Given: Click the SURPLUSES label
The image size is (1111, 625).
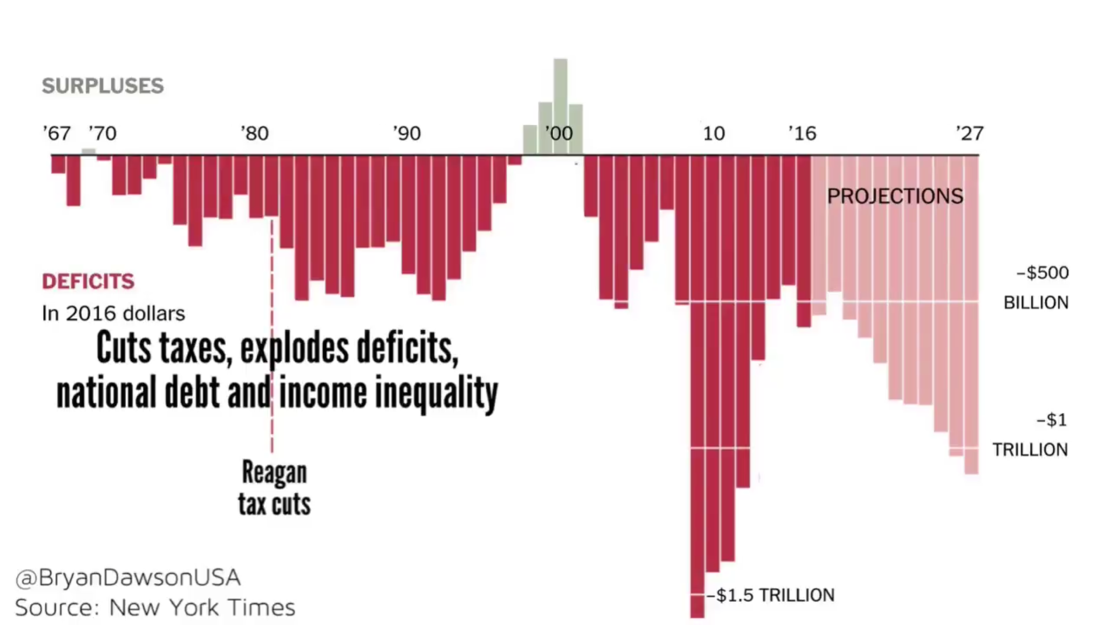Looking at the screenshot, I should click(x=103, y=86).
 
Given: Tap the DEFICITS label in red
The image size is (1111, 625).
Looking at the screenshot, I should click(x=88, y=281).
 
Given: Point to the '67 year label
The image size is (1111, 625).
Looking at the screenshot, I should click(x=56, y=133).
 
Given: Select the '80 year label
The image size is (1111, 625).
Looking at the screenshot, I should click(x=255, y=133).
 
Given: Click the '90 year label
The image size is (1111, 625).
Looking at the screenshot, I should click(x=407, y=133).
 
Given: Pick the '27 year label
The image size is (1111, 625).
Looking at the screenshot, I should click(x=969, y=133).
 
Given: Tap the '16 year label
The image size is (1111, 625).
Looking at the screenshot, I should click(x=802, y=133).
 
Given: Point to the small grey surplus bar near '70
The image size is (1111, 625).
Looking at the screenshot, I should click(x=89, y=151).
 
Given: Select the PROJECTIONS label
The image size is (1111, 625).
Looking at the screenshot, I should click(x=895, y=196).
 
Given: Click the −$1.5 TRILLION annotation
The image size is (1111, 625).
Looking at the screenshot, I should click(x=771, y=595).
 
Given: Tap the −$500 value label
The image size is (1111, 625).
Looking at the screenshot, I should click(x=1043, y=273).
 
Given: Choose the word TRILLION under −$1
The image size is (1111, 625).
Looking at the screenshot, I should click(x=1030, y=449).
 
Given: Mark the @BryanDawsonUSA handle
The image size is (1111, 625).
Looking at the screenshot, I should click(x=128, y=578).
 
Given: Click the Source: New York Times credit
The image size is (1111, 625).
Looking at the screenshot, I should click(x=155, y=607).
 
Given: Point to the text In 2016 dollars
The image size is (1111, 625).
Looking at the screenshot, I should click(x=113, y=314).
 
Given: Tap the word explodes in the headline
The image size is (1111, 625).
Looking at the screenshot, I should click(x=294, y=348).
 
